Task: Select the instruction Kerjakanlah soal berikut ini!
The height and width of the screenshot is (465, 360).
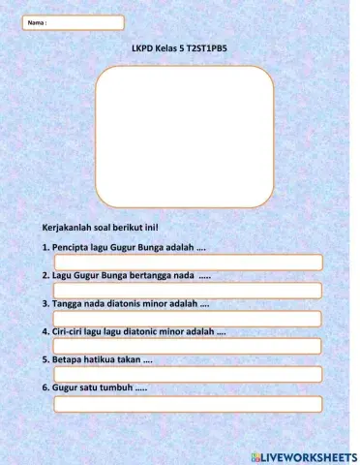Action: [x=100, y=229]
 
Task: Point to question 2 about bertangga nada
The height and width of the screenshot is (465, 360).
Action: [x=127, y=276]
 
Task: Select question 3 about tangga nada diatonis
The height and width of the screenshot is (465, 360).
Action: [x=126, y=304]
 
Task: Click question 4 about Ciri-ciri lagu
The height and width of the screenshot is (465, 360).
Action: [x=134, y=331]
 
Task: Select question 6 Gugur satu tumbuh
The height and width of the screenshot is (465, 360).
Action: [x=95, y=388]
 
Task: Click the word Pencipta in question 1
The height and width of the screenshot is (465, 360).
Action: [x=71, y=248]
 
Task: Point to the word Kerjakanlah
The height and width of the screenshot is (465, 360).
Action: [x=66, y=229]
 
